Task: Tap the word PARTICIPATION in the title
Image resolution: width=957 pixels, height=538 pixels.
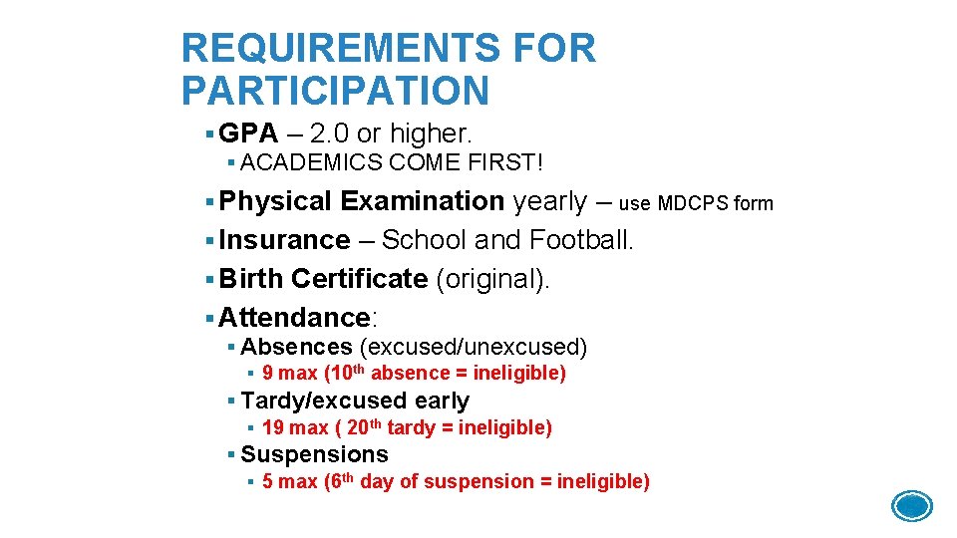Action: pos(335,91)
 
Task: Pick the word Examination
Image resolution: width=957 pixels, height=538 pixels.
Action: pos(422,201)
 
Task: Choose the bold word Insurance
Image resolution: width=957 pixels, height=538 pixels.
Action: pos(284,240)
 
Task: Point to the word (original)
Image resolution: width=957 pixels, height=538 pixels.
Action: pos(492,279)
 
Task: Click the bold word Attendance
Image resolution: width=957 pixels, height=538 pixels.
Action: pos(294,318)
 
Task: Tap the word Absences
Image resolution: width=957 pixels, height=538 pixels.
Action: pos(296,347)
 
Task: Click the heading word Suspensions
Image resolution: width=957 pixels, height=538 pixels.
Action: pos(314,454)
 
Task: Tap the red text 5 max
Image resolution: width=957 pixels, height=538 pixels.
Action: pos(289,482)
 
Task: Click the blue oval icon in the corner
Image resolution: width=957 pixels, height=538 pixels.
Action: pos(911,506)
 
